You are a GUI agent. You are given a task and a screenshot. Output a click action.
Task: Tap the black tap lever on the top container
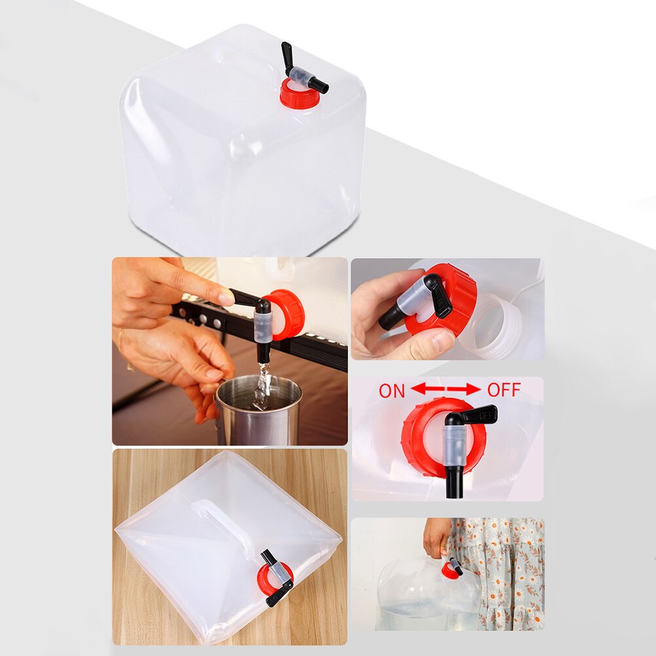click(287, 58)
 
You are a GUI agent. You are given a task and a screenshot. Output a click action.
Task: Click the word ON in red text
click(392, 391)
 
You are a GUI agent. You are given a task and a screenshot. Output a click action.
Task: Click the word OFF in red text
click(503, 391)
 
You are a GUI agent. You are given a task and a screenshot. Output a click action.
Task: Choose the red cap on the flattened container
click(267, 579)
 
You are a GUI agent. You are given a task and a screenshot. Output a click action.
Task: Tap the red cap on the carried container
click(449, 570)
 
